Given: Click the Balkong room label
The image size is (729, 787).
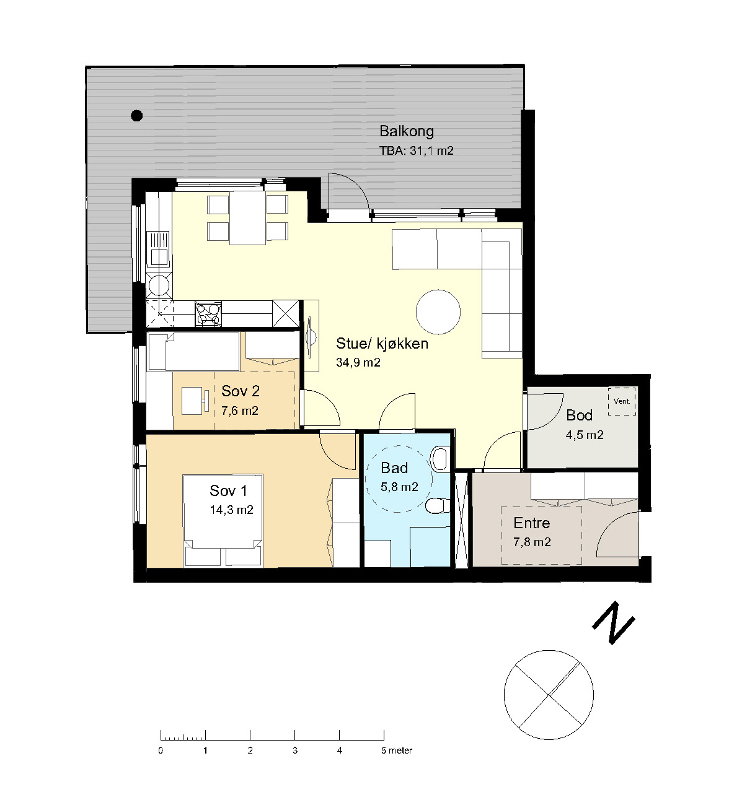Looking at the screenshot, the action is [x=407, y=131].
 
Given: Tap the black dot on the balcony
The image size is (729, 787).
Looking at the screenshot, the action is [x=137, y=116].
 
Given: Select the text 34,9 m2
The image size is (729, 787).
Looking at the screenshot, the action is [x=358, y=362].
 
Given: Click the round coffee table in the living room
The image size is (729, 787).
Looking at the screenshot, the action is [x=438, y=311].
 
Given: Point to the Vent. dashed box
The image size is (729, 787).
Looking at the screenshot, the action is [x=622, y=401].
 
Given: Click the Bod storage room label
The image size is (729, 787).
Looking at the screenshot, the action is [x=579, y=415].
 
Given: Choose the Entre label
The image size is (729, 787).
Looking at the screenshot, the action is [x=531, y=523].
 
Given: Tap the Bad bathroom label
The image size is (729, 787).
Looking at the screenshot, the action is [x=394, y=468].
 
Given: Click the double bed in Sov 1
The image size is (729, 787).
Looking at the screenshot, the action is [x=223, y=520].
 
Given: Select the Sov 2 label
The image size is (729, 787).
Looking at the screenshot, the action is [x=241, y=391].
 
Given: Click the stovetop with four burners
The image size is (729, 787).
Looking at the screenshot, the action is [x=208, y=315].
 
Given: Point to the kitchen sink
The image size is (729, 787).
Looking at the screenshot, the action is [x=159, y=249].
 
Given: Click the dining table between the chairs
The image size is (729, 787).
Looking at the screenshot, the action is [x=247, y=218].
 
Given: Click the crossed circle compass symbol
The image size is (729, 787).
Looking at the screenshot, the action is [x=549, y=695].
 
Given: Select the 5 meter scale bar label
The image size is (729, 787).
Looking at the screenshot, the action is [x=397, y=750].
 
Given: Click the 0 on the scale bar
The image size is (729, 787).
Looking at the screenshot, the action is [x=161, y=750].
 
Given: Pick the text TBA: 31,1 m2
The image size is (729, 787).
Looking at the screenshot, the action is [x=417, y=151].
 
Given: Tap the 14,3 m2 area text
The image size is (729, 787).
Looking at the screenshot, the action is [x=232, y=510].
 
